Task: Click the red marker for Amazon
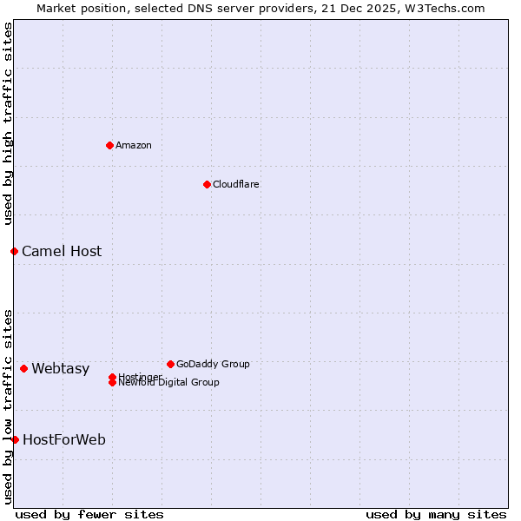(x=109, y=145)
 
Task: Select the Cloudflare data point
(x=207, y=184)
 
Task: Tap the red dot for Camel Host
(x=14, y=251)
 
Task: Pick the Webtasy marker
(x=23, y=368)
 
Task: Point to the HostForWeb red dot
(x=15, y=439)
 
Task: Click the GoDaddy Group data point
(x=170, y=364)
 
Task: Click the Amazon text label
(x=134, y=145)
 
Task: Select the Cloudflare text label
(x=236, y=184)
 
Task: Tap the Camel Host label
(x=62, y=251)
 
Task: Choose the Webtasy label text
(x=61, y=368)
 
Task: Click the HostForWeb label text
(x=64, y=439)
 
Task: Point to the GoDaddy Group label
(x=213, y=364)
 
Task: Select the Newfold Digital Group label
(x=168, y=383)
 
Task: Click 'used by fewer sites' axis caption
(x=89, y=514)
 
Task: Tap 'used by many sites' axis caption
(x=436, y=514)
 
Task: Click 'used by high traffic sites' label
(x=9, y=124)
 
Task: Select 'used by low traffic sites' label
(x=9, y=406)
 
